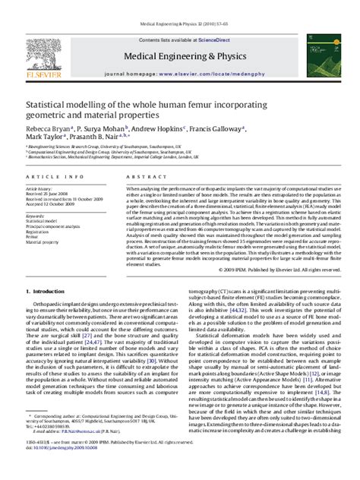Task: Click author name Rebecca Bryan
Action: pos(50,129)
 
